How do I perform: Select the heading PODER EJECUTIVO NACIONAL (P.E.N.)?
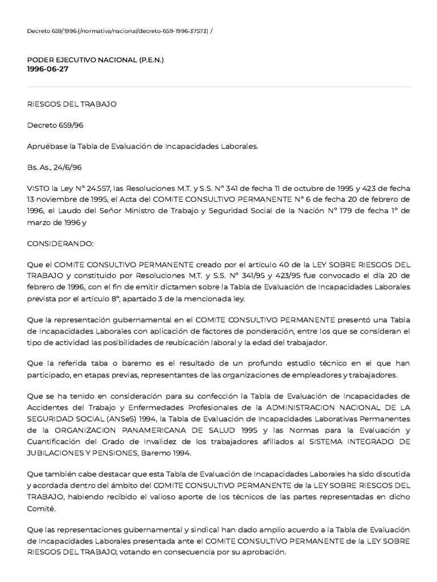coord(95,60)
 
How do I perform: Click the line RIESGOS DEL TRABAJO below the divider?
coord(72,104)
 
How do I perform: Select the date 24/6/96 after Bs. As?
coord(68,167)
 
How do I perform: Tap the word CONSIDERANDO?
coord(60,243)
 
